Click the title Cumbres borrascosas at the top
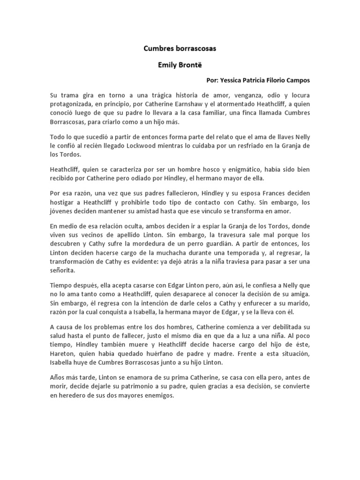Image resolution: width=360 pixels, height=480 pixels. pos(180,48)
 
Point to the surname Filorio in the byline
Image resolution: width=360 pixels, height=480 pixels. pos(276,80)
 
